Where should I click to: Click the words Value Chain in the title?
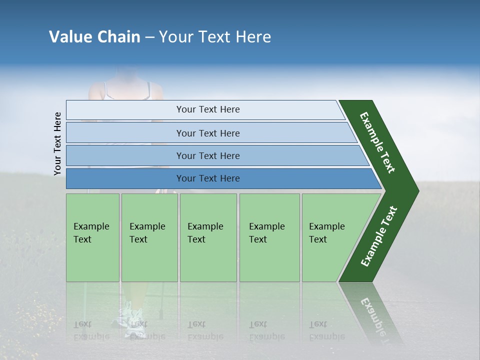[94, 37]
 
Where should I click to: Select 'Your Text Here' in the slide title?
[215, 37]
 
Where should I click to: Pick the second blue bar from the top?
[207, 133]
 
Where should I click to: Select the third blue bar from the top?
[207, 155]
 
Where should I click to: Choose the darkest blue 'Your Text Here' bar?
[207, 178]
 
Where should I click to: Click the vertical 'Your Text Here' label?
[57, 143]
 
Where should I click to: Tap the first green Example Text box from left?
[92, 237]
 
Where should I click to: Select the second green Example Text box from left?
[149, 237]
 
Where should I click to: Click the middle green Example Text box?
[208, 237]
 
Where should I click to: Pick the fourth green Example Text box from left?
[269, 237]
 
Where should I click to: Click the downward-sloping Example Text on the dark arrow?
[377, 142]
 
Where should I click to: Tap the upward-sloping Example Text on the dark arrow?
[378, 236]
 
